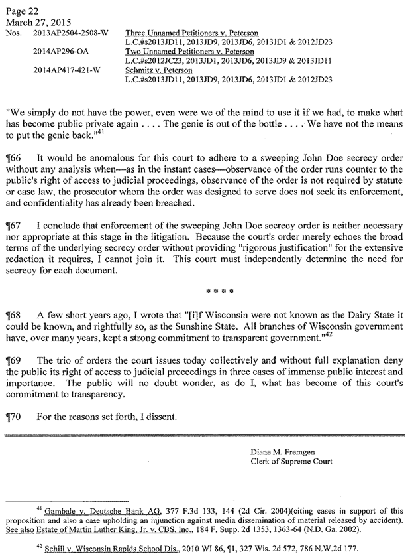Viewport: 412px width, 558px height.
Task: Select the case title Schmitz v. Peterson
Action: point(158,70)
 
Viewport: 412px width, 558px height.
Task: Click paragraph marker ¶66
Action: point(13,159)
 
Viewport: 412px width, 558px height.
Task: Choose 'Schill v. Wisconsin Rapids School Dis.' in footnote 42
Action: point(102,547)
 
